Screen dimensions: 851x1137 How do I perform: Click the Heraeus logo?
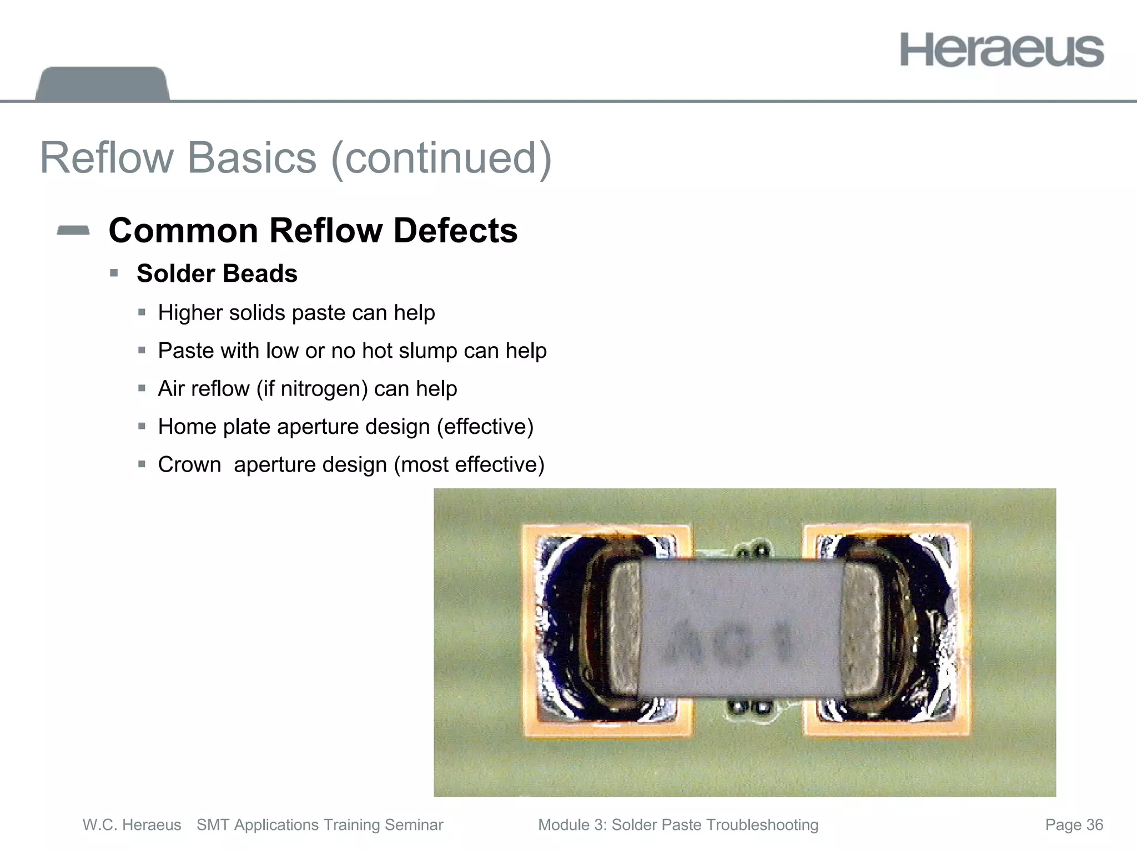click(1002, 50)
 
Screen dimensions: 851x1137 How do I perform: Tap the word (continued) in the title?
click(441, 159)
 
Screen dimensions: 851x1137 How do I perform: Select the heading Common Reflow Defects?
click(313, 230)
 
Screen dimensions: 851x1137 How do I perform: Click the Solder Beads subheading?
click(217, 273)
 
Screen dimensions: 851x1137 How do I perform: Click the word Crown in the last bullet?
click(189, 465)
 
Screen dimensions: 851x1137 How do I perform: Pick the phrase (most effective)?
click(469, 465)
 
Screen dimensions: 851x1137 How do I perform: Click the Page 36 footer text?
click(1074, 825)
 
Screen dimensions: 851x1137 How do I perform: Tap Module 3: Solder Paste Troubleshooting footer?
click(678, 825)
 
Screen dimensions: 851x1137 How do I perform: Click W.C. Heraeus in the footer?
click(132, 825)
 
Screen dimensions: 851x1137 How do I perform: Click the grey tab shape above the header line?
click(102, 84)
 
